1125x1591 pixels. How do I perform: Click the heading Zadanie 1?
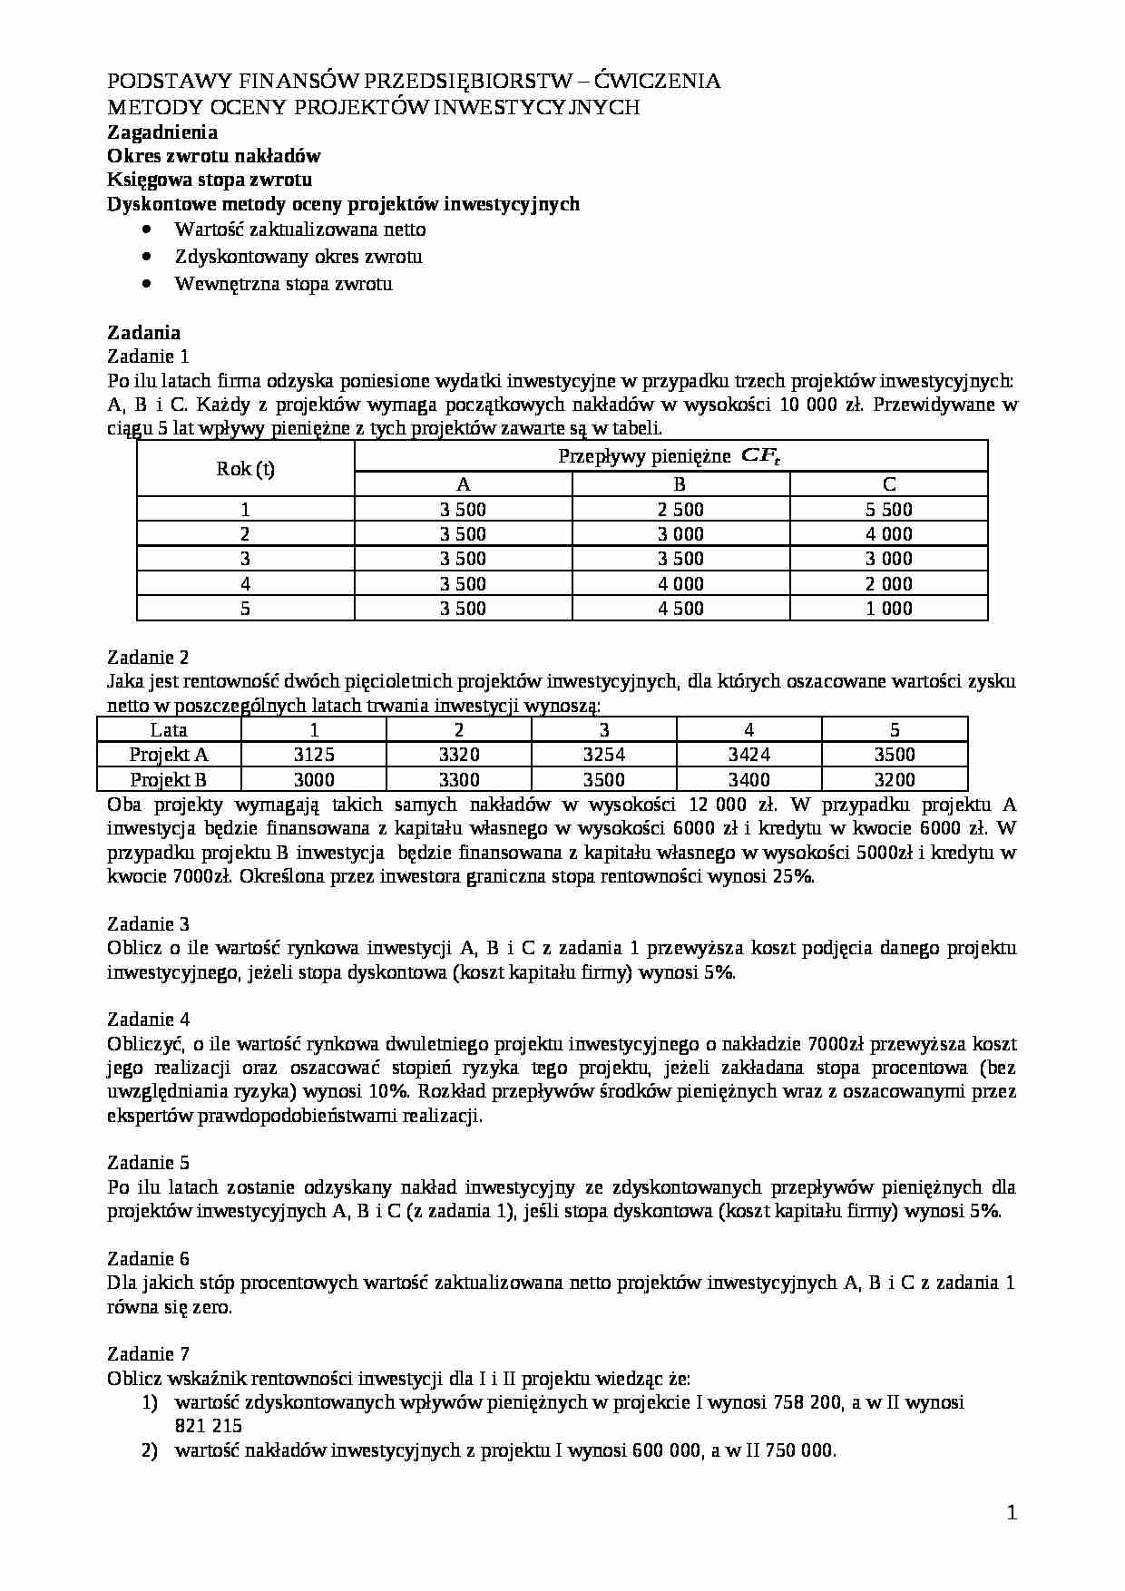click(x=148, y=356)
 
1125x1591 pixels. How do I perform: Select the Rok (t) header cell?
click(x=245, y=469)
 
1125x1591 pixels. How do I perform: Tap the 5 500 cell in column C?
click(x=888, y=510)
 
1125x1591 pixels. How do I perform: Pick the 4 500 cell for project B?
click(x=680, y=609)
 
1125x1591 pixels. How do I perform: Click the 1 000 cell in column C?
click(x=888, y=609)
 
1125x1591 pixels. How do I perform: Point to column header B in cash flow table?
click(x=680, y=484)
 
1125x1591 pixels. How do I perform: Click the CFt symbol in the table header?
click(x=761, y=456)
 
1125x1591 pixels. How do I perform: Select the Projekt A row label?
click(x=169, y=755)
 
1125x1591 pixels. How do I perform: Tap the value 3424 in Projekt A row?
click(x=749, y=755)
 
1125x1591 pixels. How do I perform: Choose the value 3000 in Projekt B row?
click(x=314, y=780)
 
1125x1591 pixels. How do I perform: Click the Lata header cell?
click(x=169, y=730)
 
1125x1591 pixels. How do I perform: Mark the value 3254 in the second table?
click(x=604, y=755)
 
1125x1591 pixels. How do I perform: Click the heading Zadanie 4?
click(x=148, y=1020)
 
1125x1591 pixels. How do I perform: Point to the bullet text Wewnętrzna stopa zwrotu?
click(x=283, y=284)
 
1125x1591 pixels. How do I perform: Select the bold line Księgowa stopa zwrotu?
click(x=210, y=180)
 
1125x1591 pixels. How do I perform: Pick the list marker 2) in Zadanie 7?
click(x=151, y=1450)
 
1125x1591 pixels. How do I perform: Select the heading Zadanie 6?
click(x=148, y=1258)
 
